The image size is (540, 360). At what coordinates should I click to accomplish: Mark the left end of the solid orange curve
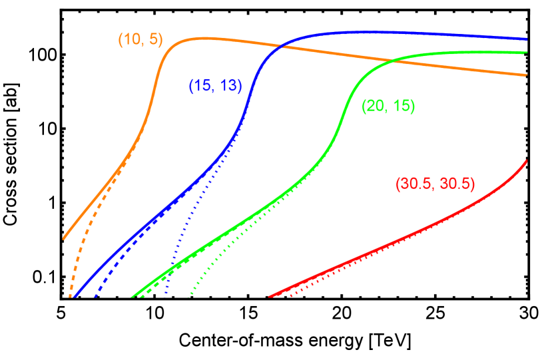coord(64,238)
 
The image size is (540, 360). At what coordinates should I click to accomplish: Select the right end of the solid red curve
coord(527,160)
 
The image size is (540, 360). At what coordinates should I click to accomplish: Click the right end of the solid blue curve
coord(527,39)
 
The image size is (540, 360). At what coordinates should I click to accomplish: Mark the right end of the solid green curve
coord(527,52)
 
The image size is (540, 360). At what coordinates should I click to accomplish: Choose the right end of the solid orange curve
coord(527,75)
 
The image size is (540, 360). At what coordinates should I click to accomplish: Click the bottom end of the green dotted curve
coord(189,297)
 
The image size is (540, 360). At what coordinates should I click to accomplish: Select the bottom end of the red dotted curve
coord(290,297)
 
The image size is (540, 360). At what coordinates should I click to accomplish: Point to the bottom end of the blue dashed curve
coord(95,297)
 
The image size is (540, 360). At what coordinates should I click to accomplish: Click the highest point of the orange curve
coord(200,38)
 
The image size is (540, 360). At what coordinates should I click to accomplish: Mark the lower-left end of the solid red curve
coord(270,297)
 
